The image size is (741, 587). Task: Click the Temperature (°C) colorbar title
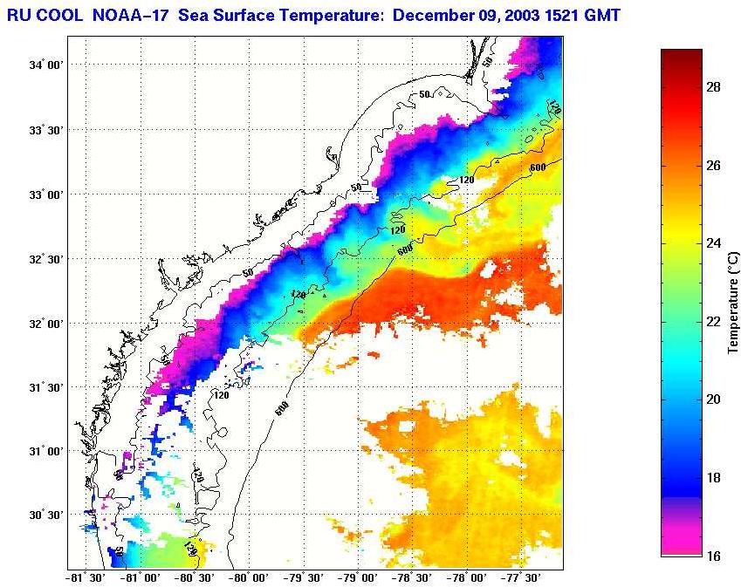pyautogui.click(x=734, y=303)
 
